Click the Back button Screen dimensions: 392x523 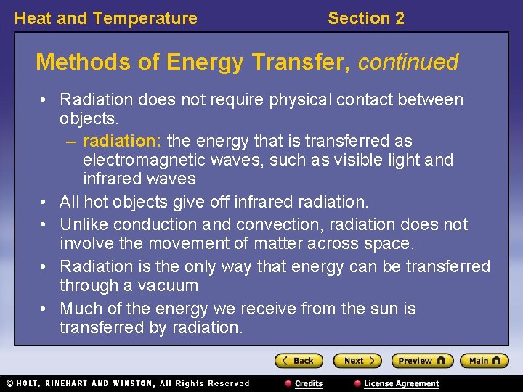point(298,361)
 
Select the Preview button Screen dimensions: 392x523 point(421,361)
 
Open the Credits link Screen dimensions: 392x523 point(308,383)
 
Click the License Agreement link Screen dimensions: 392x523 point(401,383)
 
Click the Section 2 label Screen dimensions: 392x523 point(365,18)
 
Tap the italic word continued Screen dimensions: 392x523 point(408,62)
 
